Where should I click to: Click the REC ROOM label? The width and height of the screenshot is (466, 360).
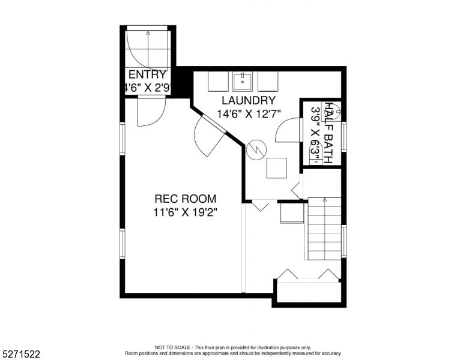[x=185, y=199]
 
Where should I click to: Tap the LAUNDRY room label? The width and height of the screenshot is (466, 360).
[x=249, y=100]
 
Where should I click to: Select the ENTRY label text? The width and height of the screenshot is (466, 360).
[x=147, y=74]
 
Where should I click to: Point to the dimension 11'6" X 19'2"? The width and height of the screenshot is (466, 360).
[x=185, y=212]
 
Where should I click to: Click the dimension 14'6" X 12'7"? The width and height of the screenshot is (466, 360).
[x=249, y=114]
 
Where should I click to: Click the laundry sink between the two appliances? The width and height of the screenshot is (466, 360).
[x=242, y=82]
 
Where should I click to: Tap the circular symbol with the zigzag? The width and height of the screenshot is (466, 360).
[x=256, y=150]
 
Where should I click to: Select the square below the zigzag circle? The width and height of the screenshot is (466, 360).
[x=276, y=168]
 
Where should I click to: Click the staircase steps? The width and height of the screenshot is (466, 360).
[x=324, y=229]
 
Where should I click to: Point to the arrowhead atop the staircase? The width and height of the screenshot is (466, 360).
[x=324, y=200]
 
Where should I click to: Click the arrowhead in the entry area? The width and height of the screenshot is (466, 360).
[x=148, y=33]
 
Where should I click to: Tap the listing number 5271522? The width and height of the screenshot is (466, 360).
[x=21, y=354]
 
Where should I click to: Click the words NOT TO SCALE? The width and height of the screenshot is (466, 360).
[x=172, y=347]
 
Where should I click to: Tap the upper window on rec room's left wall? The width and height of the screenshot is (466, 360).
[x=123, y=139]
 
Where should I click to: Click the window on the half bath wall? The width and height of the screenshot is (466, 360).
[x=343, y=137]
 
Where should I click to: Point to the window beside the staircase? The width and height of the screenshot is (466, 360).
[x=343, y=241]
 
